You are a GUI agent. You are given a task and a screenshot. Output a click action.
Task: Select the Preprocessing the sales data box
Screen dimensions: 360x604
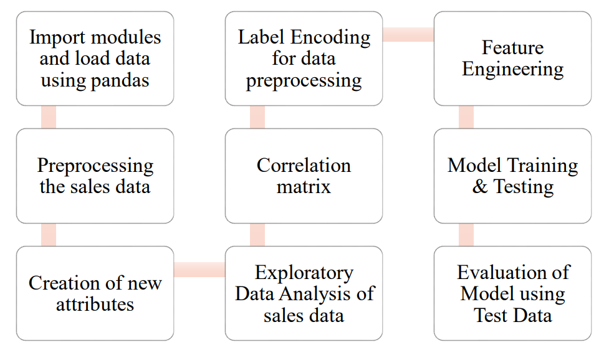pos(95,176)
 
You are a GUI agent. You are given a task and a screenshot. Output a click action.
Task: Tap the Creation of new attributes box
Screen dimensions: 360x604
pos(95,293)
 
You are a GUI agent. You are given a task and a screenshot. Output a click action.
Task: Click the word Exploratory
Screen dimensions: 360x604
pos(304,273)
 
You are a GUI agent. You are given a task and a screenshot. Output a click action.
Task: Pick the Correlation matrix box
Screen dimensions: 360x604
pos(304,176)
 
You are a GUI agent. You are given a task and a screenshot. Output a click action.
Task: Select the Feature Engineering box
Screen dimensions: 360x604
pos(512,59)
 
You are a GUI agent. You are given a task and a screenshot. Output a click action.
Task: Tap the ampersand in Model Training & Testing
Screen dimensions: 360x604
pos(480,186)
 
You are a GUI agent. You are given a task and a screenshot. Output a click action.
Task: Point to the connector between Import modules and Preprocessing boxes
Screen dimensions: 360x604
pos(49,117)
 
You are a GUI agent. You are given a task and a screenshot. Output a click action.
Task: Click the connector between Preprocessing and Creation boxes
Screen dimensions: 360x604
pos(49,235)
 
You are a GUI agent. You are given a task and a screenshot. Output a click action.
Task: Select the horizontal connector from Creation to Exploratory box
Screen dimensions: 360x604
pos(199,270)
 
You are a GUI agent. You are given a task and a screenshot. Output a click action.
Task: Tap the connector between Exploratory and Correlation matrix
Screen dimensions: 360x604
pos(257,235)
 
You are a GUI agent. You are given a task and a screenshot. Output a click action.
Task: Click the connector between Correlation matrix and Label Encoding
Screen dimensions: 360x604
pos(257,117)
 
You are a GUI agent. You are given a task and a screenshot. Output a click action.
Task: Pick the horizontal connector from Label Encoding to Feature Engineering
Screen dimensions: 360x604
pos(408,35)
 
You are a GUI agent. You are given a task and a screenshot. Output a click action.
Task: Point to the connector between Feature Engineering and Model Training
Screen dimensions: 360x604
pos(466,117)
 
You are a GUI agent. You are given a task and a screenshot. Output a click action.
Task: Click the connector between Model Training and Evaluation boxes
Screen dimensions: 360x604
pos(466,235)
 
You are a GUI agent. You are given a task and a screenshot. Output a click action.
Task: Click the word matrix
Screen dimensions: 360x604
pos(304,186)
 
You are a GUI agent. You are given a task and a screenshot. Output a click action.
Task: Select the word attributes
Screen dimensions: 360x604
pos(95,305)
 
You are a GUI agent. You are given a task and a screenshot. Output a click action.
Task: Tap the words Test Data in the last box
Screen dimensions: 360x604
pos(512,315)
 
